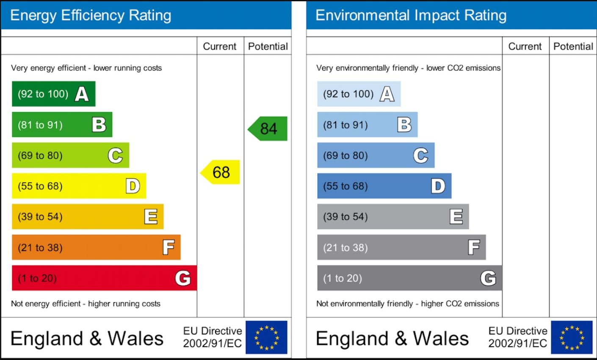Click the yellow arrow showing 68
click(x=221, y=172)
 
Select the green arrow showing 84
click(x=268, y=129)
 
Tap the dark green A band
click(x=53, y=94)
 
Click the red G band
click(x=104, y=278)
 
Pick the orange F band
click(x=96, y=247)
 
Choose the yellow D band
click(x=79, y=186)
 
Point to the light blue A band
click(x=359, y=94)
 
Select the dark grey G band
click(x=409, y=278)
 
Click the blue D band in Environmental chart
click(x=384, y=186)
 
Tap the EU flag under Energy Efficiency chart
click(x=266, y=337)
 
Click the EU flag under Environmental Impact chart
click(x=572, y=337)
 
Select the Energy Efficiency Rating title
click(x=91, y=16)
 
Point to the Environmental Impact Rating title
click(x=411, y=16)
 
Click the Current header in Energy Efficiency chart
click(x=220, y=47)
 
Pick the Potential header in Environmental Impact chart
click(x=573, y=47)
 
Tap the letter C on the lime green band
click(x=115, y=156)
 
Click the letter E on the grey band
click(x=456, y=217)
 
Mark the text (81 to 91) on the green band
click(x=40, y=125)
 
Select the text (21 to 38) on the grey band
click(x=345, y=248)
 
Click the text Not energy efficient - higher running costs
click(x=86, y=304)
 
